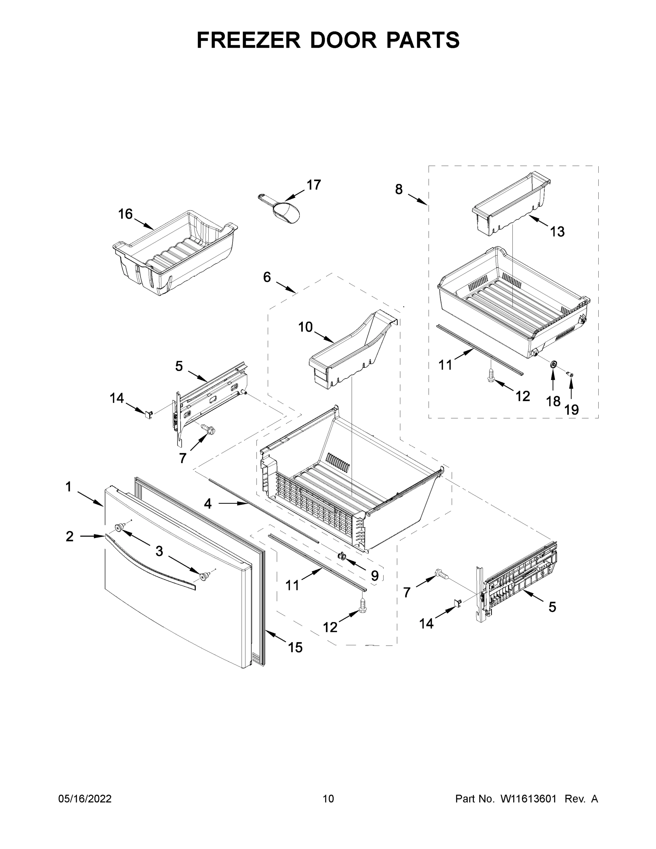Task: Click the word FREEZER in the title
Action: click(x=248, y=40)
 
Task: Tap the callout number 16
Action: click(x=125, y=214)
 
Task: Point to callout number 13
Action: click(x=557, y=232)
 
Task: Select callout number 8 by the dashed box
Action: click(x=399, y=189)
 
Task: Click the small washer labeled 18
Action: click(x=552, y=364)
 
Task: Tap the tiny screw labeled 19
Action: click(x=570, y=374)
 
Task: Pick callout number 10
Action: click(x=305, y=327)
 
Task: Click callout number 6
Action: click(x=267, y=277)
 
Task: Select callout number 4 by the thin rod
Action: click(x=208, y=504)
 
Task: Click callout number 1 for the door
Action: click(x=68, y=487)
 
